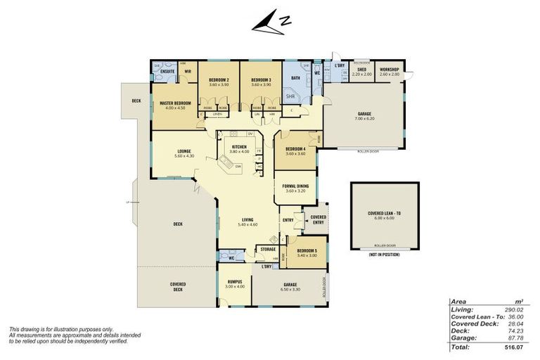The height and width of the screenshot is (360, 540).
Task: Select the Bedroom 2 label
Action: (219, 79)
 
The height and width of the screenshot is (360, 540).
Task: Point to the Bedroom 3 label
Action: (260, 79)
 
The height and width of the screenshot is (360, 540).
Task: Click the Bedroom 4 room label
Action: (295, 148)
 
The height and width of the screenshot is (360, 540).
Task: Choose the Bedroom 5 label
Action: (307, 250)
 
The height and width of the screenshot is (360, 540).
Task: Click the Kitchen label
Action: (240, 146)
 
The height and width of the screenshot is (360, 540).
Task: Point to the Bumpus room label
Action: (234, 281)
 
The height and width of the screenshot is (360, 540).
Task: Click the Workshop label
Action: (389, 69)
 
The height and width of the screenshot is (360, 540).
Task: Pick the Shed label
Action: (361, 69)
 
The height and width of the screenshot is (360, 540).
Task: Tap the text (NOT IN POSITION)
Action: (385, 254)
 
